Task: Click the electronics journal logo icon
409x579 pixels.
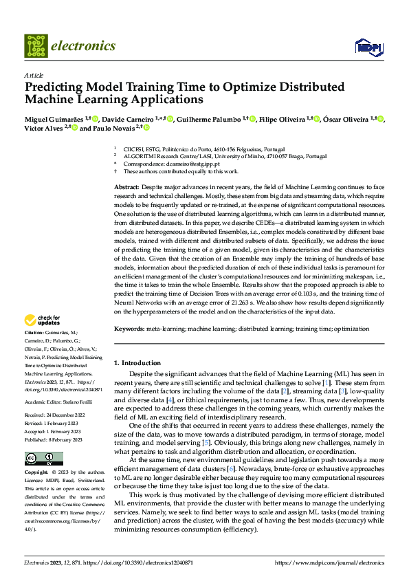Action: (36, 45)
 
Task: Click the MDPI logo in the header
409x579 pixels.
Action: (368, 46)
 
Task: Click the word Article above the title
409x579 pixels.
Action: (34, 75)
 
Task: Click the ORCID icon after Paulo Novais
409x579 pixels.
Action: (146, 128)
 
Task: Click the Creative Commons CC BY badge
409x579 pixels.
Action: (43, 459)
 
